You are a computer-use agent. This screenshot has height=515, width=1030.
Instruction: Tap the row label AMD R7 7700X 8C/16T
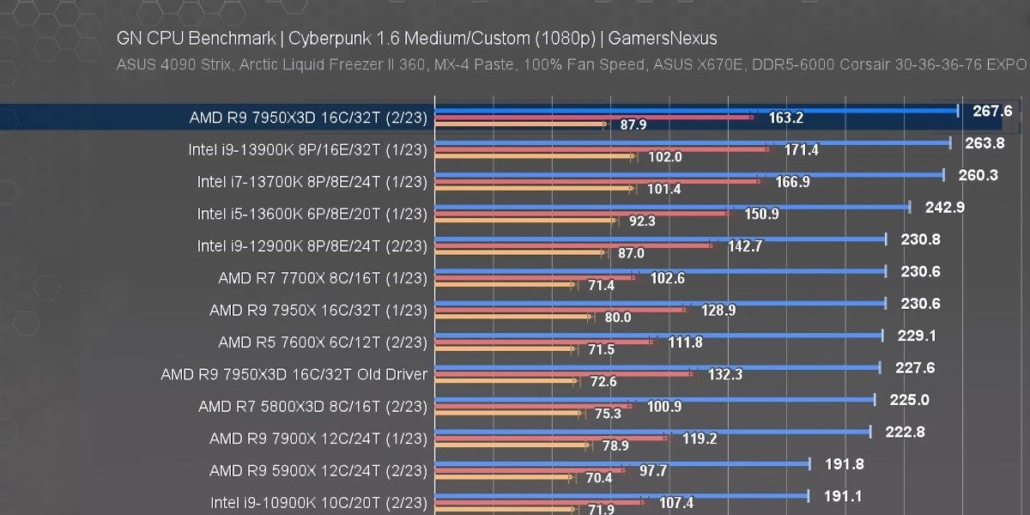(322, 277)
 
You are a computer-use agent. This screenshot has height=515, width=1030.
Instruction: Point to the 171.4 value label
(802, 150)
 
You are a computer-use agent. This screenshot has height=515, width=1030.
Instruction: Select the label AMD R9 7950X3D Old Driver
(294, 374)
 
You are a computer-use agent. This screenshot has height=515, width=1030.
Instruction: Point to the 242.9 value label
(944, 207)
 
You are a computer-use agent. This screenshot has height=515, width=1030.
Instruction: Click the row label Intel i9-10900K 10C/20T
(318, 501)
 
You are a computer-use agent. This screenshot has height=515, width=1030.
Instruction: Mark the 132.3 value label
(724, 374)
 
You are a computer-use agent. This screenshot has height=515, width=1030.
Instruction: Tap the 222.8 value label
(905, 432)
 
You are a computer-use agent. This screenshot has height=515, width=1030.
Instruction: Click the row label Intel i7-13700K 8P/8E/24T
(312, 181)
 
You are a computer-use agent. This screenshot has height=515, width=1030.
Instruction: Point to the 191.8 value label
(845, 464)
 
